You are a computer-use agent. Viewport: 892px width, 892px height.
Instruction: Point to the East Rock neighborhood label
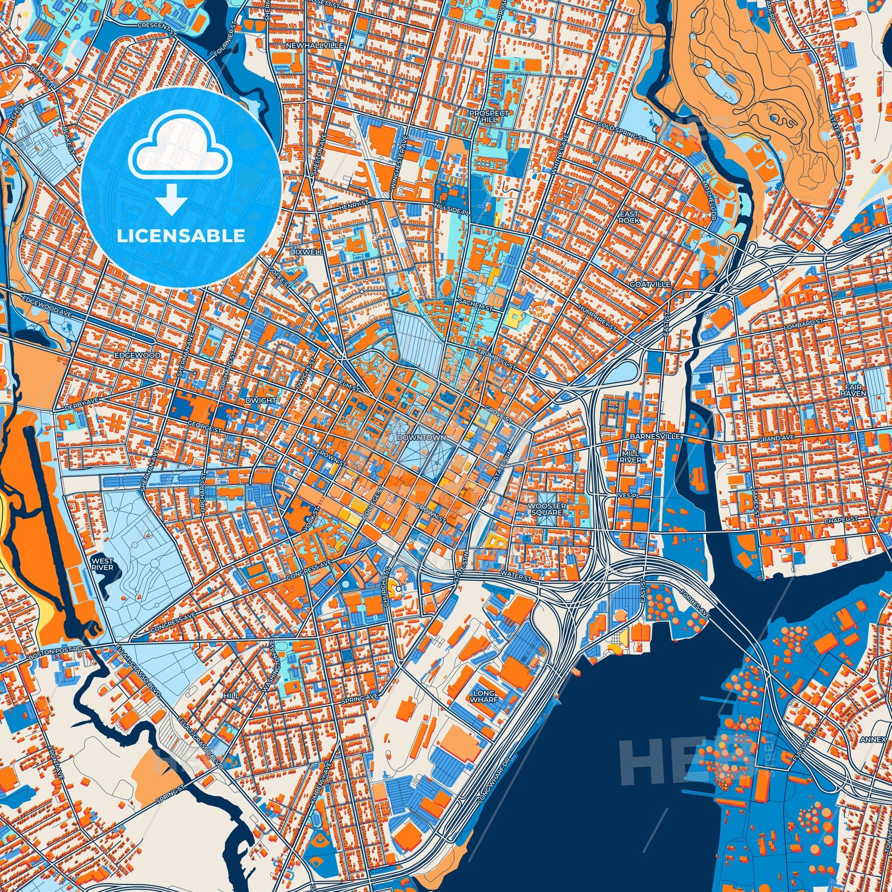tap(629, 217)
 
